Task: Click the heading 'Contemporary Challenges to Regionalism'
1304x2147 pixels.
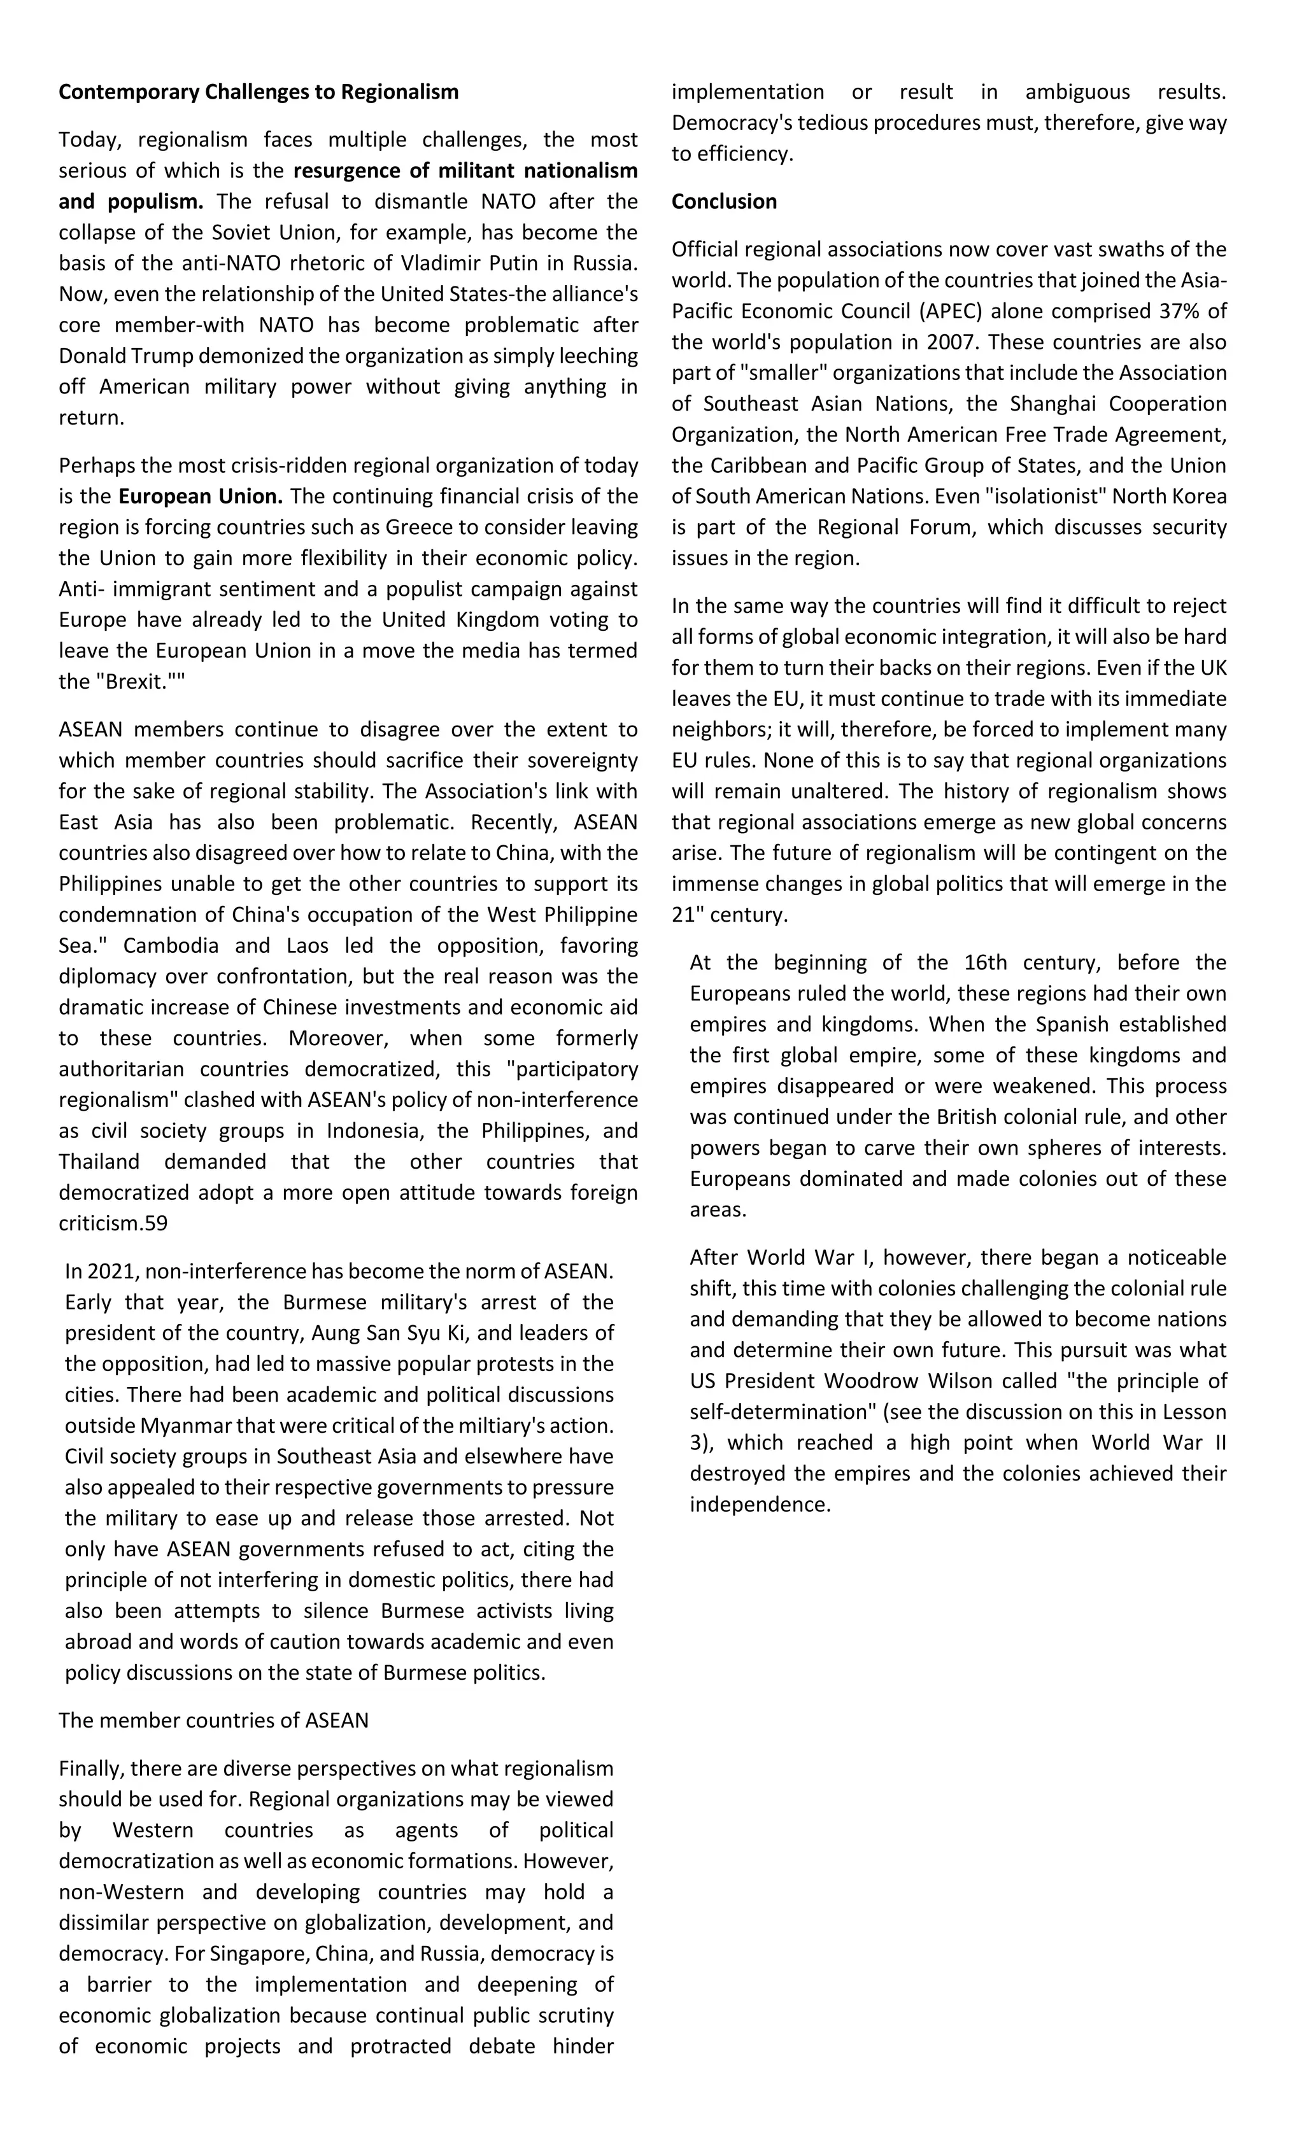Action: [258, 92]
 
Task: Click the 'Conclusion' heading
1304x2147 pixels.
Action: [723, 201]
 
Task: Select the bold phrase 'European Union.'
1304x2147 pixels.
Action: [201, 496]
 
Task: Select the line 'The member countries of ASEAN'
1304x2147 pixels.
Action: [213, 1720]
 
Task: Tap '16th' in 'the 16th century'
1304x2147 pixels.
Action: [985, 963]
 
